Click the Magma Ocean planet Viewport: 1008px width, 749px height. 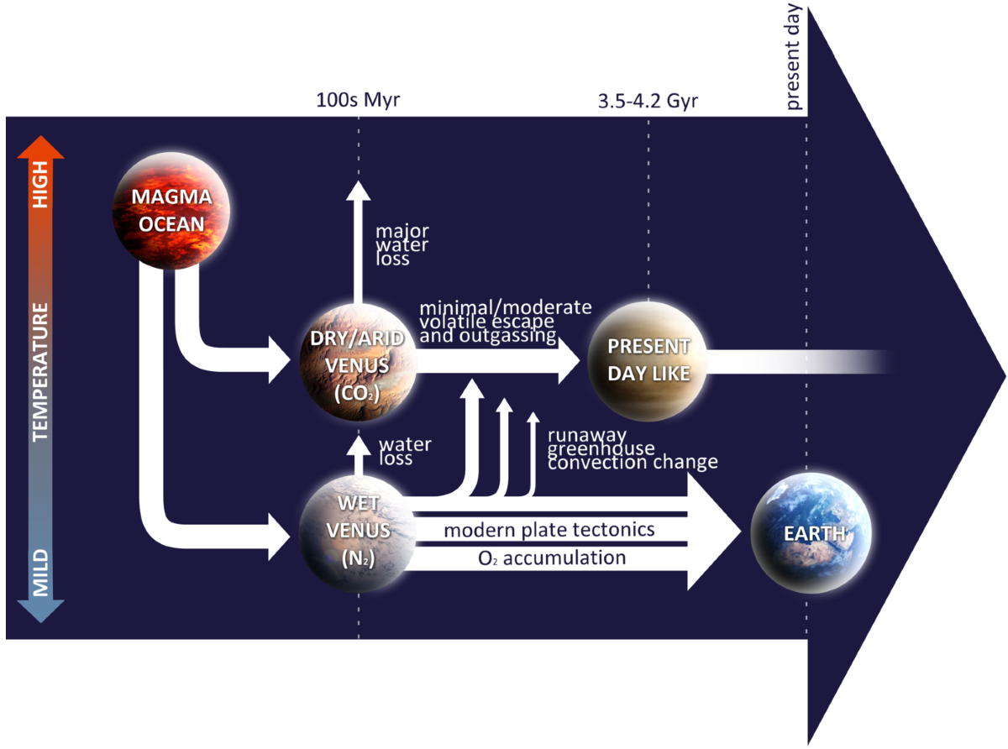click(171, 212)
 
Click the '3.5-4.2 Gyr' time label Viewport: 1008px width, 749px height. click(648, 102)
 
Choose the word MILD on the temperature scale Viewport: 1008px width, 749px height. click(40, 572)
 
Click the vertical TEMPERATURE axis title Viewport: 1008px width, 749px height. click(40, 373)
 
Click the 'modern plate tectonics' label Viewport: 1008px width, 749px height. click(549, 531)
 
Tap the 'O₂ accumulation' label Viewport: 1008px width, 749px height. click(546, 558)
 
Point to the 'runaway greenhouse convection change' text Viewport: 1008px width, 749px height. click(632, 448)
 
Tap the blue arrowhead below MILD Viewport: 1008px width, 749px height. click(40, 610)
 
